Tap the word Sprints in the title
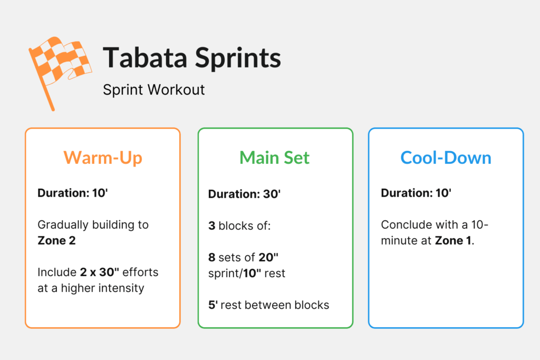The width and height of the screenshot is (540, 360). pos(238,59)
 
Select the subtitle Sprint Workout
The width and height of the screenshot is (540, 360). pos(153,90)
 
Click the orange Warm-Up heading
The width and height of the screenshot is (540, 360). pos(103,158)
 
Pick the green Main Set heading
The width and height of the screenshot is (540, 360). pos(274,158)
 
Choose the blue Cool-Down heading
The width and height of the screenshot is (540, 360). pos(446,158)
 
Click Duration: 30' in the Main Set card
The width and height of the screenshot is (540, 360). pos(244,194)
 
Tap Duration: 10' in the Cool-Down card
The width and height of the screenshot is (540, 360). pos(416,193)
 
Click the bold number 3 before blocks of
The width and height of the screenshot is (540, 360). pos(211,225)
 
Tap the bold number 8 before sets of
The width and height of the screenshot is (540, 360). pos(211,258)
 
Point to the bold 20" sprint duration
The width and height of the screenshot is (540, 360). pos(268,258)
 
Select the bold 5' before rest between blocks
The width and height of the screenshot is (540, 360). pos(211,305)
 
